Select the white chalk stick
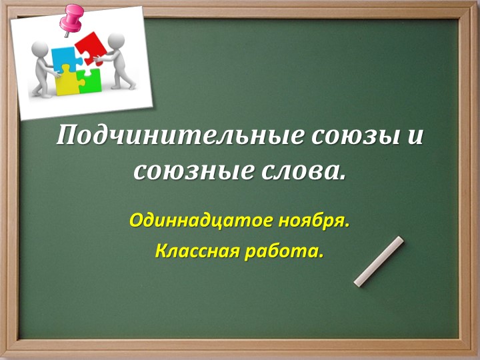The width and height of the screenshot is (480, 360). pos(379,261)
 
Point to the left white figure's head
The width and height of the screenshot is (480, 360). pos(39,49)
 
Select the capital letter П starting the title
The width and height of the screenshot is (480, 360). pos(65,136)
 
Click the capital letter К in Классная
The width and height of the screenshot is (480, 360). pos(161,252)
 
